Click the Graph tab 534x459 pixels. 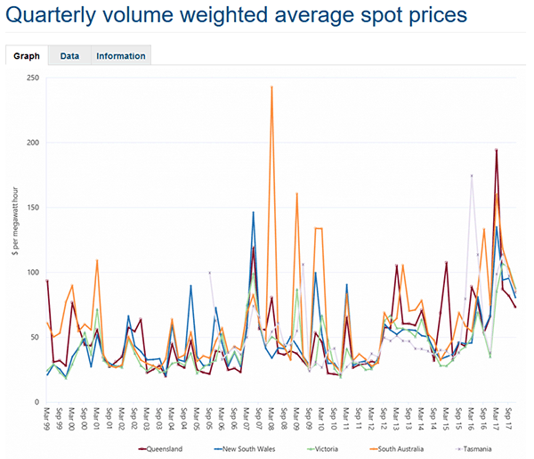(27, 56)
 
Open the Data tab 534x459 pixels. (69, 56)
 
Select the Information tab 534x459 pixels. (121, 56)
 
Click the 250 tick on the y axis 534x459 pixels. (32, 78)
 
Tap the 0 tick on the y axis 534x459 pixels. (36, 402)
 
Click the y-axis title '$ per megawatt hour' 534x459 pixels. (14, 240)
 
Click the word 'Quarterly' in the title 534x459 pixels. (52, 17)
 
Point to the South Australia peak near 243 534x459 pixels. (271, 87)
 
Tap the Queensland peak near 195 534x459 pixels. (497, 150)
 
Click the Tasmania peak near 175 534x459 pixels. (472, 176)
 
